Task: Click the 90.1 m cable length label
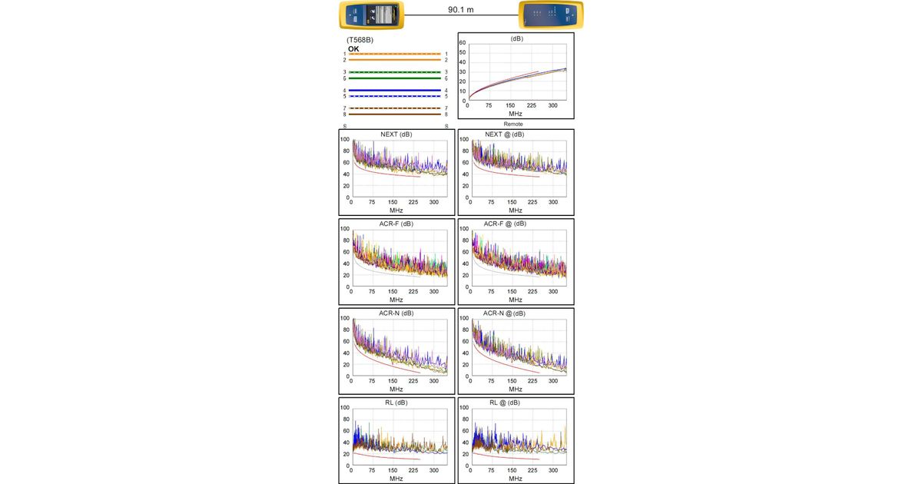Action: point(461,10)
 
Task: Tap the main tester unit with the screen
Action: point(372,14)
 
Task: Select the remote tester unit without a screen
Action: point(550,14)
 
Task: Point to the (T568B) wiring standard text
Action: point(360,40)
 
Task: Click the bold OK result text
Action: point(353,49)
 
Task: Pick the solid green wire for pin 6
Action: point(394,78)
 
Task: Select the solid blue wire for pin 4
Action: point(394,91)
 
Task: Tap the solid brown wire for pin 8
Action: point(394,114)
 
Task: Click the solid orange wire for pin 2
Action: point(394,59)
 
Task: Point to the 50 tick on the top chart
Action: point(463,52)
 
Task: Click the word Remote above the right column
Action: point(513,124)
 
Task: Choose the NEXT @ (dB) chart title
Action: point(505,134)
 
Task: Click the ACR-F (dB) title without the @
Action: point(396,224)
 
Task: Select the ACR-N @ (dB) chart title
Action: point(505,313)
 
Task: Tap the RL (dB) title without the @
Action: point(396,403)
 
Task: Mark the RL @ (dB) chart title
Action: point(505,403)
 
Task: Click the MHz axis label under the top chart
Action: point(516,113)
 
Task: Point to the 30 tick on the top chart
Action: point(463,71)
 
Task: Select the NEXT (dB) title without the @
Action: point(396,134)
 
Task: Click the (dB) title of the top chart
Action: point(516,38)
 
